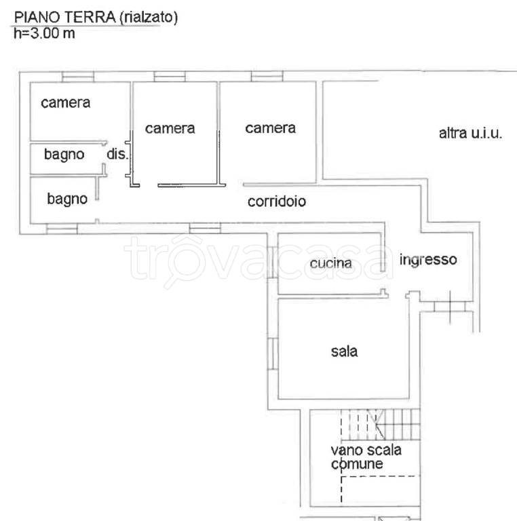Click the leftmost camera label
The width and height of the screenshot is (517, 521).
coord(66,103)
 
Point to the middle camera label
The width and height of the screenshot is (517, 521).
coord(170,128)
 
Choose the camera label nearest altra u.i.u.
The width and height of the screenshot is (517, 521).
coord(270,128)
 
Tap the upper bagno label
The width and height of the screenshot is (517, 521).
coord(64,155)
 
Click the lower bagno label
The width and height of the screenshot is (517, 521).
coord(67,199)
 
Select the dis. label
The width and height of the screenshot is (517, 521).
coord(117,155)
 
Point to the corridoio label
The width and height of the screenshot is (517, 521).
coord(277,201)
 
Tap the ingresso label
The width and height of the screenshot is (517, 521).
coord(428,259)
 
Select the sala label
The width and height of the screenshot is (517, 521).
coord(344,351)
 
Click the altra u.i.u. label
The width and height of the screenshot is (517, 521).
coord(470,133)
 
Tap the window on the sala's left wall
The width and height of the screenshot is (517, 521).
coord(273,353)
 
